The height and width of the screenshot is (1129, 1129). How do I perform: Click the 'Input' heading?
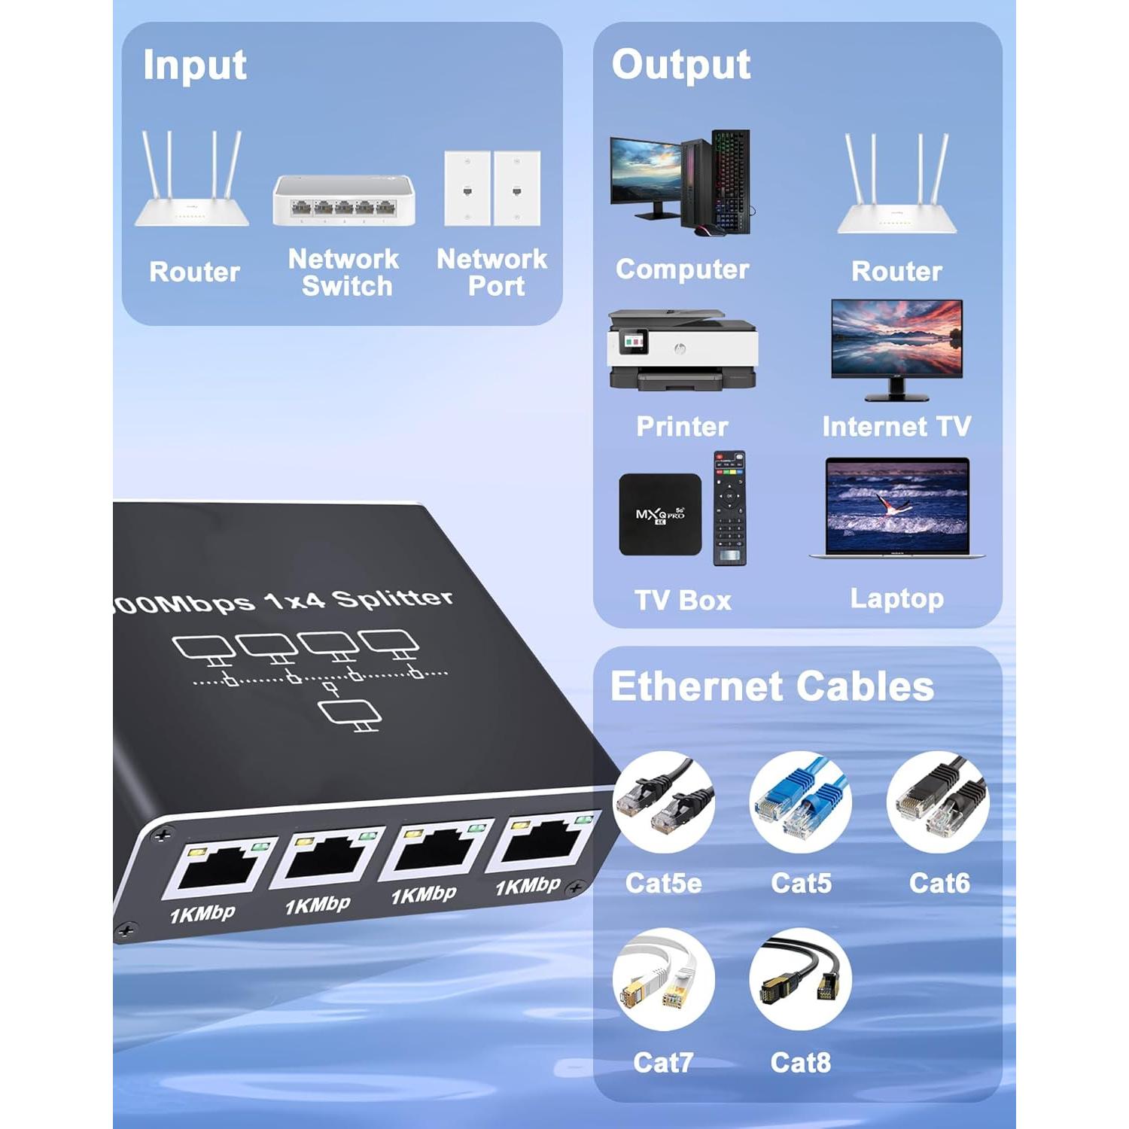click(194, 65)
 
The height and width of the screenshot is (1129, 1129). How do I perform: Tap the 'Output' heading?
click(680, 65)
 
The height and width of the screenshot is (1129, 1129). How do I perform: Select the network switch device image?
click(344, 200)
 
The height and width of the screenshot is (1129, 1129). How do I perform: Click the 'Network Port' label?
click(492, 272)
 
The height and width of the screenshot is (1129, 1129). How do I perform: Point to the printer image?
click(682, 350)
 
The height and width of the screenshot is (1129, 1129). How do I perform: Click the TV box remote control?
click(729, 508)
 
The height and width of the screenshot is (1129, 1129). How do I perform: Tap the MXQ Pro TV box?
click(660, 515)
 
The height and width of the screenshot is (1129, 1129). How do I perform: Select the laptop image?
click(896, 508)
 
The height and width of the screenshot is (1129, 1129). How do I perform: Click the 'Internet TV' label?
click(896, 427)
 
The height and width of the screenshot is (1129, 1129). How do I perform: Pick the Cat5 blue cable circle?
click(801, 802)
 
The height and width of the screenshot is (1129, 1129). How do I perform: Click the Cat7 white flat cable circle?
click(663, 979)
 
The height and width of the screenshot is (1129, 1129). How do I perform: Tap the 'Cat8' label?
click(800, 1063)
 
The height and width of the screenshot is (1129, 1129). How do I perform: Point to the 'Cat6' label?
click(939, 883)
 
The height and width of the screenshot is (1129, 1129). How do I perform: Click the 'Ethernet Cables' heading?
click(772, 686)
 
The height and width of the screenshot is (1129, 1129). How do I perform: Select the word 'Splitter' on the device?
click(393, 598)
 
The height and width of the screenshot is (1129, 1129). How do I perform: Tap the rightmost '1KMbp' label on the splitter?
click(528, 886)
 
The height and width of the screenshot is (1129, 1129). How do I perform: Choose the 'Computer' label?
click(682, 269)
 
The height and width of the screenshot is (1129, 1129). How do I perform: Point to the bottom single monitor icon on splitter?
click(350, 714)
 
